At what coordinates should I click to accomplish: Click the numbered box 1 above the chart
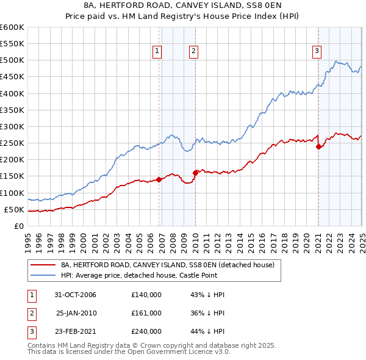point(157,52)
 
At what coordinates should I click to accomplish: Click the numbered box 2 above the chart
point(193,52)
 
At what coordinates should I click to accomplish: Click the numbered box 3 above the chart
point(317,52)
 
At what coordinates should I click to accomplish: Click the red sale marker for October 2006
point(159,179)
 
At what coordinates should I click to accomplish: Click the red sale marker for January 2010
point(195,172)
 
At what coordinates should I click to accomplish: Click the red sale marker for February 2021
point(318,146)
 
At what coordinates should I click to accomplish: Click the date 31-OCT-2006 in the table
point(76,295)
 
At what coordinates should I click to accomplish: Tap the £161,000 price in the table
point(146,313)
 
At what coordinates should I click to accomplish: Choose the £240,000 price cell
point(146,331)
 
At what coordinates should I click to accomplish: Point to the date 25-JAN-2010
point(76,313)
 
